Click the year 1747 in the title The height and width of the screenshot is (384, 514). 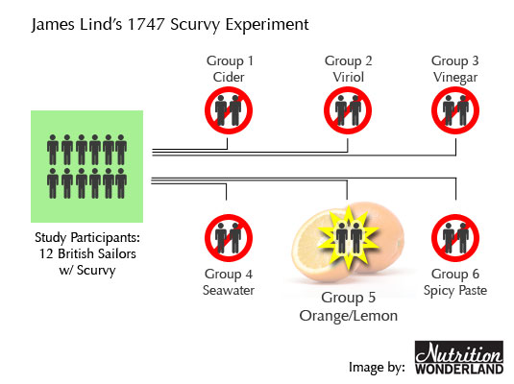click(x=146, y=24)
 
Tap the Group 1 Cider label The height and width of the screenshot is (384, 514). click(x=230, y=69)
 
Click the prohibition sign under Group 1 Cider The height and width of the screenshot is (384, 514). click(x=229, y=110)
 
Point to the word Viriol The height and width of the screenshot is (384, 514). click(x=348, y=78)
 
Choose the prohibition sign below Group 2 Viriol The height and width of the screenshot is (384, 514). click(x=348, y=110)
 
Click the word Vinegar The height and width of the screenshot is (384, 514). click(x=455, y=78)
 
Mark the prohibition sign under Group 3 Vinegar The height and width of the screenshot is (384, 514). click(x=455, y=110)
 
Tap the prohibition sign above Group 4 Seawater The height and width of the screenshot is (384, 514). click(x=229, y=238)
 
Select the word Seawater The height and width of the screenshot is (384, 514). click(x=229, y=290)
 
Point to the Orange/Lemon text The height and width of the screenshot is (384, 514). click(x=349, y=316)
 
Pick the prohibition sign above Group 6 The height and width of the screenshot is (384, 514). click(x=455, y=238)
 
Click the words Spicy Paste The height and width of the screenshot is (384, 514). click(x=455, y=291)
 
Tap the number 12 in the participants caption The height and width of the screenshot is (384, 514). click(x=46, y=254)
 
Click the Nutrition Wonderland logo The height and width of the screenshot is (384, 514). click(x=459, y=357)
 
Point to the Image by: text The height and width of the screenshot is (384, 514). click(x=377, y=368)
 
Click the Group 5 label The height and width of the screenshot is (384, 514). click(x=348, y=298)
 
